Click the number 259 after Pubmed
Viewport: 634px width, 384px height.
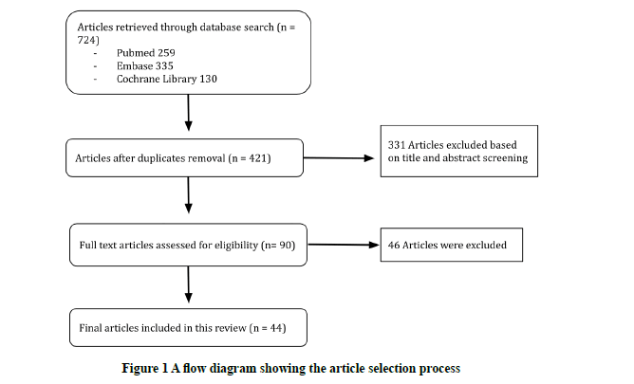(x=166, y=53)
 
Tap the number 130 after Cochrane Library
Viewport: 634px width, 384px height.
(x=208, y=79)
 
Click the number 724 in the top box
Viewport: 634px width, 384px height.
(x=86, y=40)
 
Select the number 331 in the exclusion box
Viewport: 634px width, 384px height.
(x=397, y=145)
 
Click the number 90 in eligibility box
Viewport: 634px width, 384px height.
(x=286, y=246)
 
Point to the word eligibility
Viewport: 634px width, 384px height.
(x=236, y=246)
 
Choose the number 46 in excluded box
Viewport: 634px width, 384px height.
(x=394, y=246)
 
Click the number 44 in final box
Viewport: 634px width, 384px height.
(x=276, y=328)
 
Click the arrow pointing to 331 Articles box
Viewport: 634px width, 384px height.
(x=339, y=158)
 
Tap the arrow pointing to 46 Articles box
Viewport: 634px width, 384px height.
(x=344, y=245)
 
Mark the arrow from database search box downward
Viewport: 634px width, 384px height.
(x=189, y=113)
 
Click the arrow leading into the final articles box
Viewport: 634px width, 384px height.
(x=189, y=284)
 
